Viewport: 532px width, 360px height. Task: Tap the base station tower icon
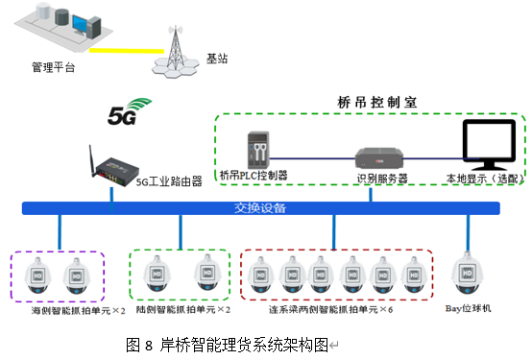pos(176,49)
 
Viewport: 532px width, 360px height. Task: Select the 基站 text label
pos(218,59)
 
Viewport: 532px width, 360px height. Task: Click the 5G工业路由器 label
pos(169,180)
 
